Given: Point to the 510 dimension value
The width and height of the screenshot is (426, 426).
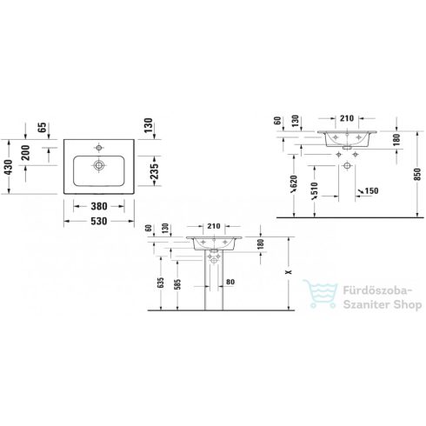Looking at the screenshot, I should coord(311,187).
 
